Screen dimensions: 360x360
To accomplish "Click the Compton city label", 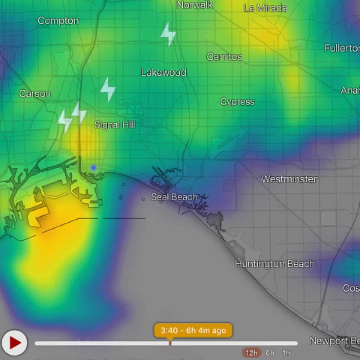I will [58, 21].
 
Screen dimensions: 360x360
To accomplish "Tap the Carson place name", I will [35, 94].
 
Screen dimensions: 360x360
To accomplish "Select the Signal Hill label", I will [115, 125].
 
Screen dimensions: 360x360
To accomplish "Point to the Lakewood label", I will [164, 72].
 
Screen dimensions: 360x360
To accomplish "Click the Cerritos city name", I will [224, 57].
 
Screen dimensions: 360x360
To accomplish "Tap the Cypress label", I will [237, 102].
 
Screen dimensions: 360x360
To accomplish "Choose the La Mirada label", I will [265, 8].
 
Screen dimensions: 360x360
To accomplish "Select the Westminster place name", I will [289, 179].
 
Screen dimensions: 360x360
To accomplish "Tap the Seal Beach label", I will [174, 197].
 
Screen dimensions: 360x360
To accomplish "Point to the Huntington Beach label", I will [275, 264].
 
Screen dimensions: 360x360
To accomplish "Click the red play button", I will [15, 343].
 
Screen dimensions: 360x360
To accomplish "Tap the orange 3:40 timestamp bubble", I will [193, 330].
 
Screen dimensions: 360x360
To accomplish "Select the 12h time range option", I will [252, 353].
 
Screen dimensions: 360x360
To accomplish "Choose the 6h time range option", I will [270, 353].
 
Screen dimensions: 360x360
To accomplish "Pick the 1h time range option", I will [286, 353].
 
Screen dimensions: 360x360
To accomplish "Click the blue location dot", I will [94, 168].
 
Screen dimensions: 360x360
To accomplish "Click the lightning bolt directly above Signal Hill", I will [108, 89].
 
